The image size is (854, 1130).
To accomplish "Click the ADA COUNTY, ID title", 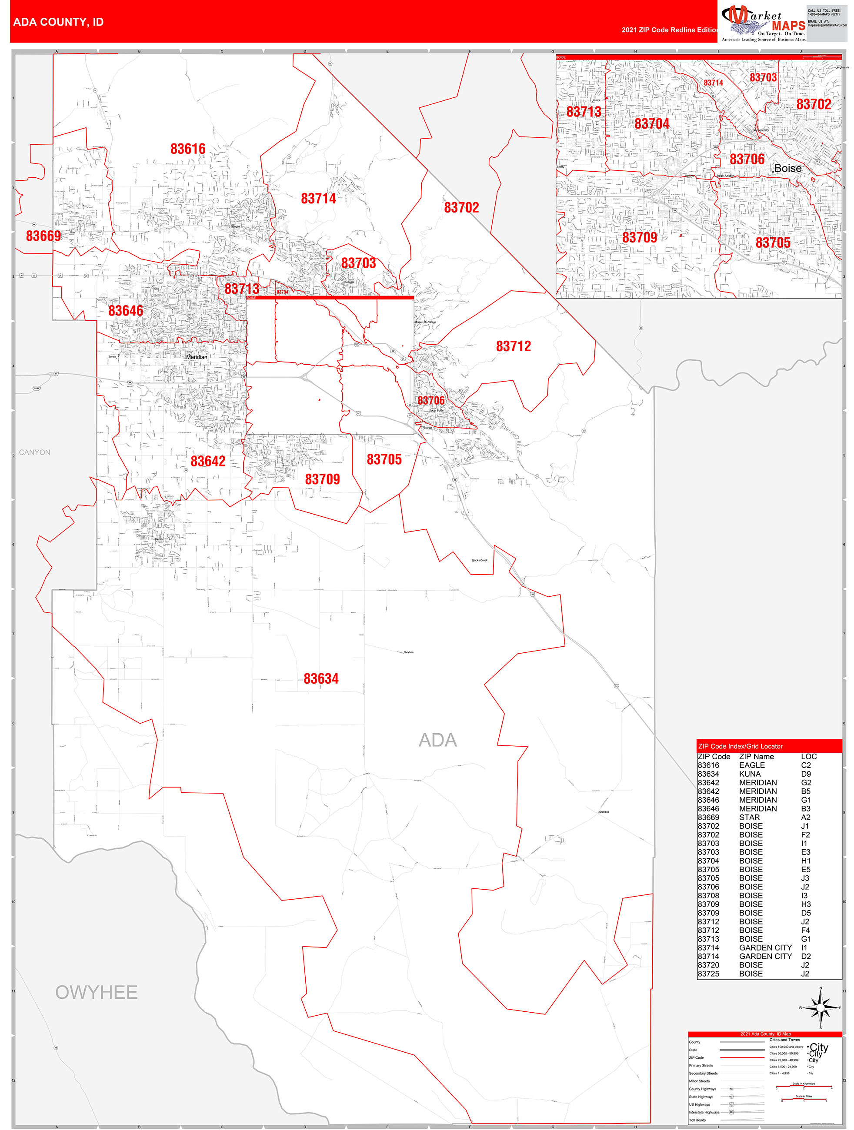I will tap(58, 22).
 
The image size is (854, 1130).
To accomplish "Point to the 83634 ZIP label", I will tap(321, 679).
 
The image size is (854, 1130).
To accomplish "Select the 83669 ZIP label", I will tap(43, 236).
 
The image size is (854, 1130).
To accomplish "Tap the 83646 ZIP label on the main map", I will tap(126, 311).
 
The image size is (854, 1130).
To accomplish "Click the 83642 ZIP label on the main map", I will tap(208, 461).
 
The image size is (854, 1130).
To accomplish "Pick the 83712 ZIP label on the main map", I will tap(513, 346).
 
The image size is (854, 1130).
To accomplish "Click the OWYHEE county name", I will tap(96, 993).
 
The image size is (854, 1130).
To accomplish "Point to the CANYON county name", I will tap(35, 452).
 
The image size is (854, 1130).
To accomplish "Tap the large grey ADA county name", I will tap(437, 740).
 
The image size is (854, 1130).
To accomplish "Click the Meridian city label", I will tap(197, 357).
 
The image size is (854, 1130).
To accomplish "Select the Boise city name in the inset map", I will tap(787, 169).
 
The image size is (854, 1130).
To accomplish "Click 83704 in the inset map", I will tap(652, 124).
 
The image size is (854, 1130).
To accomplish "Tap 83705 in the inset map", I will tap(773, 243).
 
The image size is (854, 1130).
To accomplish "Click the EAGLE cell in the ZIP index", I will tap(752, 765).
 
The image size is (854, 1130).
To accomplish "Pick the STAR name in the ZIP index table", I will tap(749, 818).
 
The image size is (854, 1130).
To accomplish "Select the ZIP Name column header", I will tap(757, 757).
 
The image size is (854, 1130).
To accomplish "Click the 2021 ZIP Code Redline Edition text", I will tap(670, 30).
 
